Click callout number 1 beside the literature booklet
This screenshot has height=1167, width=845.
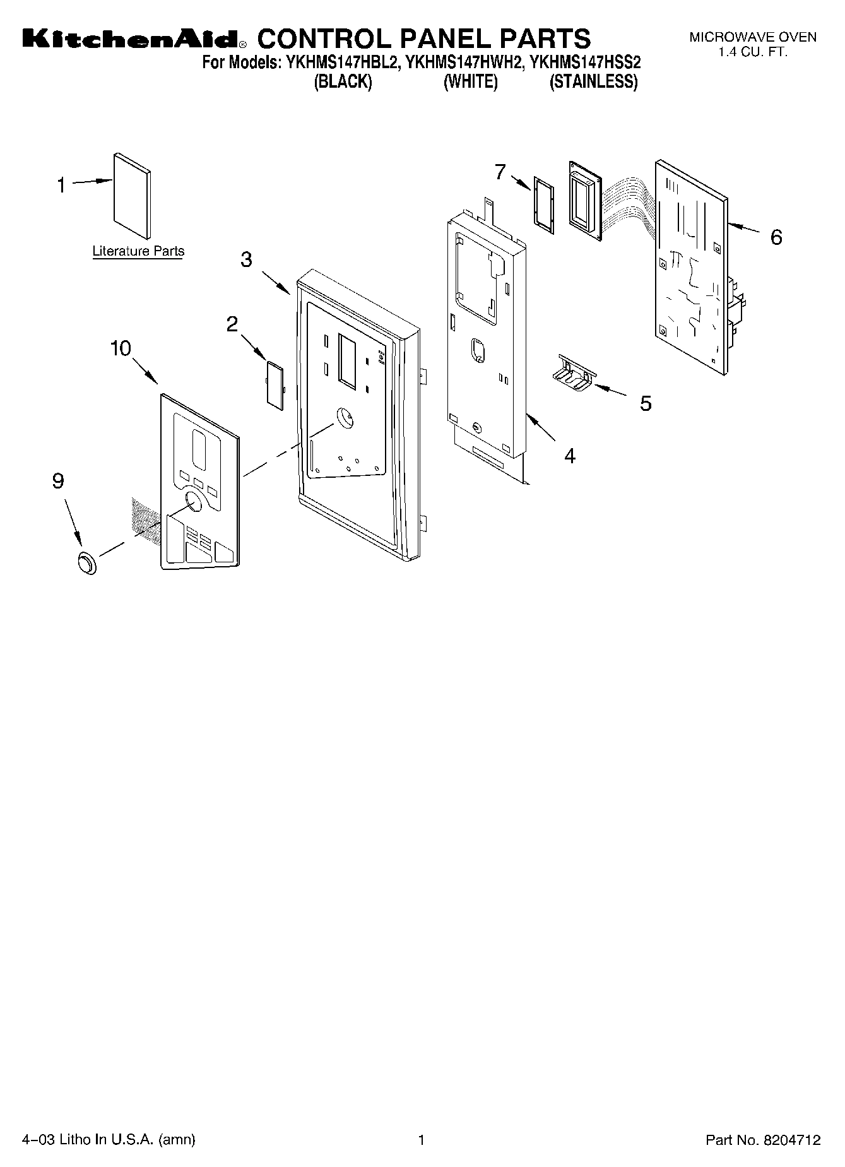[x=61, y=186]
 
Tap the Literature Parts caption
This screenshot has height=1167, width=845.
[x=138, y=251]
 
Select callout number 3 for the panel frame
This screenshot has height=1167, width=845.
[x=246, y=259]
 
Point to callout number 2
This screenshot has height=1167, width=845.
[x=232, y=324]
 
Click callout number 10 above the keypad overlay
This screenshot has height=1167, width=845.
[x=121, y=348]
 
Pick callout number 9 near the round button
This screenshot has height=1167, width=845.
[x=58, y=482]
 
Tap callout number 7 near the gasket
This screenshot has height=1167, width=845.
[x=500, y=171]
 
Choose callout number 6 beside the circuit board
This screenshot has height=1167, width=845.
[x=776, y=237]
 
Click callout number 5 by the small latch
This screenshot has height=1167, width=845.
[x=646, y=403]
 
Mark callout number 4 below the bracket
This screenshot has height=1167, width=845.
[x=570, y=456]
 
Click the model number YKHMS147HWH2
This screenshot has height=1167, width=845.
[x=464, y=62]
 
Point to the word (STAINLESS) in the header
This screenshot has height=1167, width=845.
[x=593, y=82]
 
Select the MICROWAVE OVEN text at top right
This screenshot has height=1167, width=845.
[x=752, y=37]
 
